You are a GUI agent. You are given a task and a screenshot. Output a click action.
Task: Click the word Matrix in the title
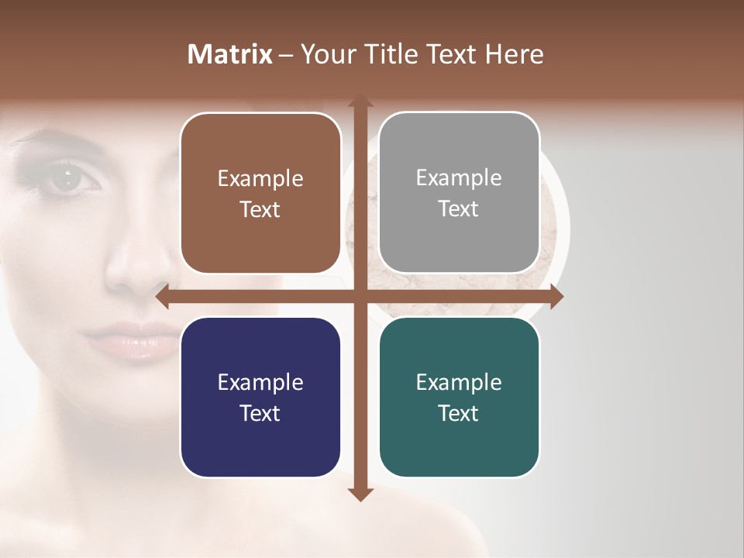[230, 54]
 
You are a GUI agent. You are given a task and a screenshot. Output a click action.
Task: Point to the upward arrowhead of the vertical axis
[360, 102]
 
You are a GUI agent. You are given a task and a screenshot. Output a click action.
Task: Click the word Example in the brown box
[260, 179]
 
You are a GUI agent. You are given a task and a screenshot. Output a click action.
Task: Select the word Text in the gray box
[459, 209]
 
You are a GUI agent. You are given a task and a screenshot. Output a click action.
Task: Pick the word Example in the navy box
[260, 383]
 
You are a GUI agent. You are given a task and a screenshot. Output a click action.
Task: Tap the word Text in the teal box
[459, 414]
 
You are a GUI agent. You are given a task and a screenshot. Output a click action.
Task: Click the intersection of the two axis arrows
[360, 297]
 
